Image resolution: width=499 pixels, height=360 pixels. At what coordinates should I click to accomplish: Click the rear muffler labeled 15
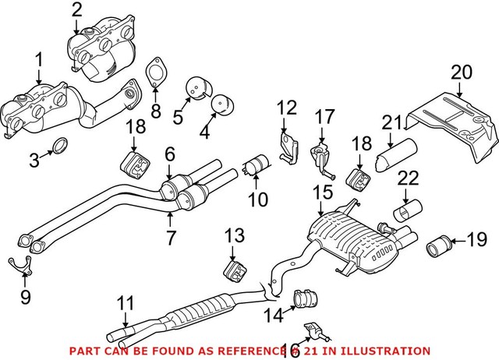click(351, 237)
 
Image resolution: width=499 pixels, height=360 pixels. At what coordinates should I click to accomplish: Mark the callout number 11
click(126, 302)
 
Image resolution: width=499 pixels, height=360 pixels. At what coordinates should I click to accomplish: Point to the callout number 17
click(324, 118)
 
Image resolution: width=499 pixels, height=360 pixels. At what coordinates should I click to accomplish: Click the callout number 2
click(76, 10)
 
